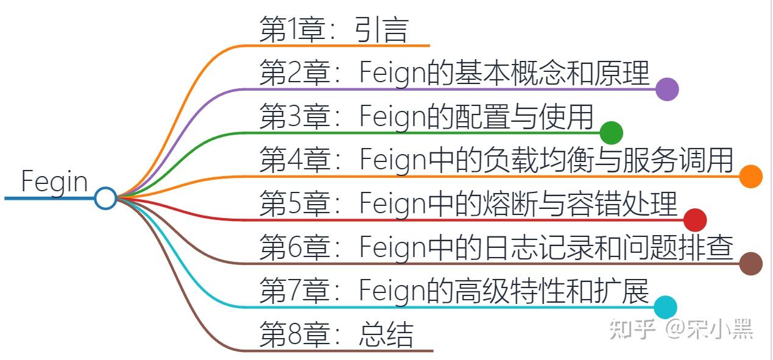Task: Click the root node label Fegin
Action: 54,182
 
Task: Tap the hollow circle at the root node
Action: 105,198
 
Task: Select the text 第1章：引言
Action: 333,29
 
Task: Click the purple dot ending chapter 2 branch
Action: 667,89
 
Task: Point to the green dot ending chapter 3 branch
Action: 611,132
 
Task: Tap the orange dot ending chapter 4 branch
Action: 750,176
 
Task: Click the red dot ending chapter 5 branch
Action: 695,220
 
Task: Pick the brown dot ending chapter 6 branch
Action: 750,263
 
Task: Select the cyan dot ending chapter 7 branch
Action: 665,307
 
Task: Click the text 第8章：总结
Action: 336,334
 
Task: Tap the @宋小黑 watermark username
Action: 710,329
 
